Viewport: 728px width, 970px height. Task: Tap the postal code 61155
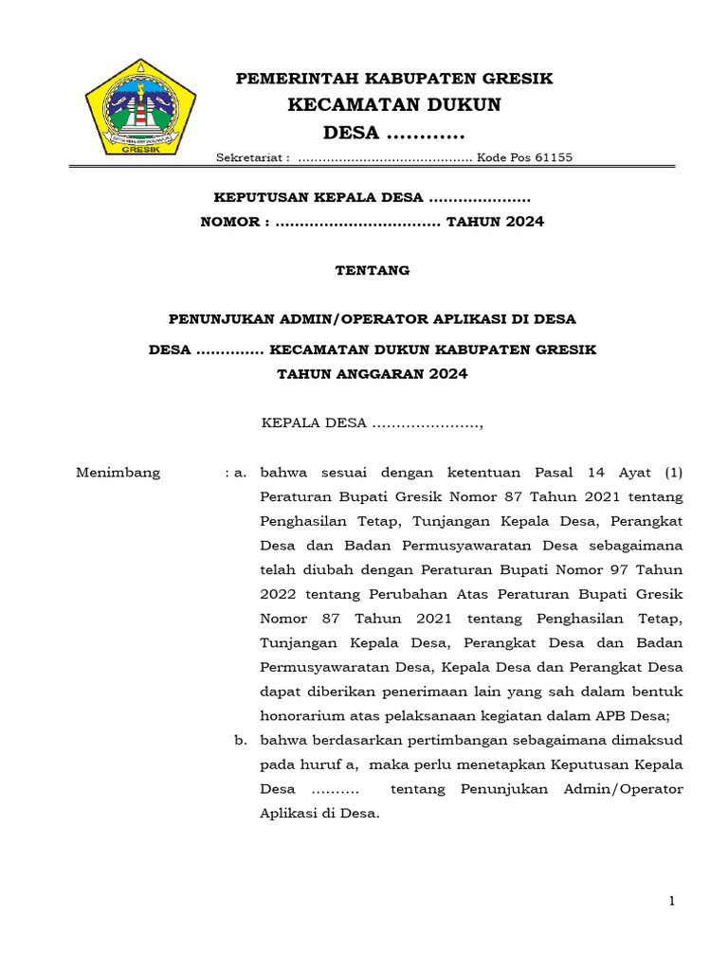[552, 158]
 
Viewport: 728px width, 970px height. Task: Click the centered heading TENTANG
[373, 271]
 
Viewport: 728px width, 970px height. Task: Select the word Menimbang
[118, 473]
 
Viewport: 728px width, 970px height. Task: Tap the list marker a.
[241, 473]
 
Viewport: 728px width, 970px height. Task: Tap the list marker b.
[241, 740]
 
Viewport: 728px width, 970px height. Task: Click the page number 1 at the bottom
[672, 902]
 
